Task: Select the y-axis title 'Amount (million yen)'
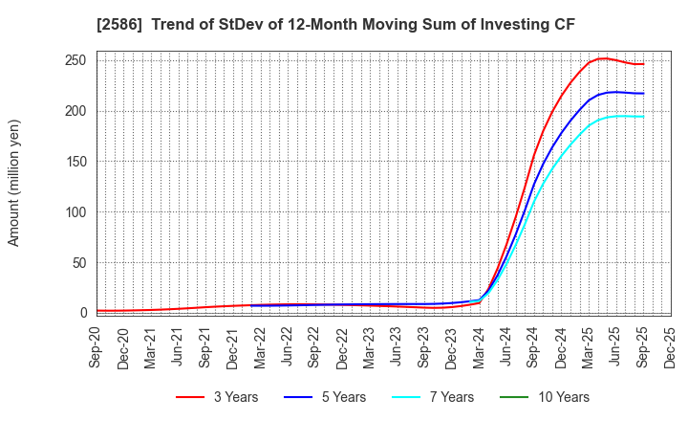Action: (x=14, y=183)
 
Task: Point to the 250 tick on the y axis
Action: (x=76, y=60)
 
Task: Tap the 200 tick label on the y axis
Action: (x=76, y=111)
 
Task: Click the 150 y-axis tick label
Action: (x=76, y=162)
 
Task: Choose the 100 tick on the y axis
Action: (x=76, y=211)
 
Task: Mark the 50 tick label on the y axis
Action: (x=80, y=262)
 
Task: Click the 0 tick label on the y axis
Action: (x=84, y=313)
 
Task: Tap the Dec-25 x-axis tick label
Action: (x=671, y=347)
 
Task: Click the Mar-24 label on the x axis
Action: (x=480, y=347)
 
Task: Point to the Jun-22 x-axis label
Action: (x=289, y=347)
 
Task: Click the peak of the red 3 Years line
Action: (x=603, y=58)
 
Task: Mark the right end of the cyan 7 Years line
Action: (x=643, y=117)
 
